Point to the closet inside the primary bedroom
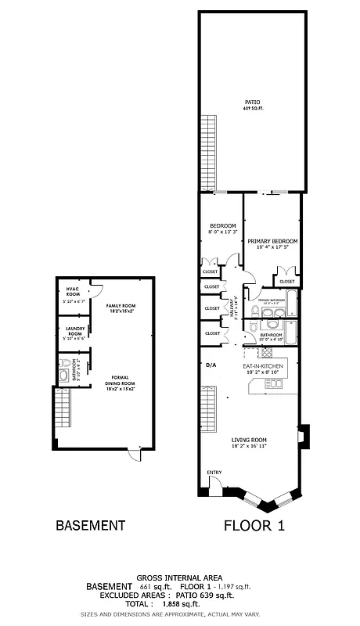(x=287, y=278)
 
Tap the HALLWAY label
(x=234, y=306)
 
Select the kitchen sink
(x=275, y=383)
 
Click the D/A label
(x=210, y=365)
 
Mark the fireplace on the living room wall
(x=304, y=435)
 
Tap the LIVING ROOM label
(x=249, y=440)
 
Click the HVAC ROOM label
(x=74, y=292)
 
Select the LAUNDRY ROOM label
(x=75, y=330)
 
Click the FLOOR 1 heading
(x=254, y=526)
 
